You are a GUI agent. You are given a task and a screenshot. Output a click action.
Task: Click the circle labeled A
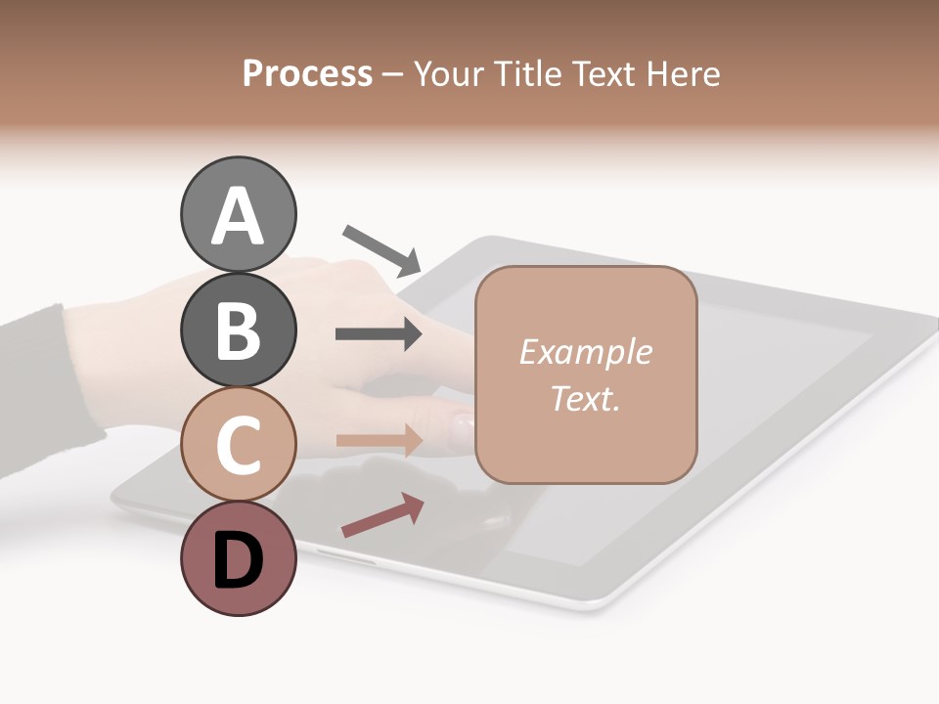(238, 214)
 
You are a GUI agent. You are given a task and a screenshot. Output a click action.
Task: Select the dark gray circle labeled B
(238, 330)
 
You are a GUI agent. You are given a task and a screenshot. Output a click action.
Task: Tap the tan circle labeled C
(238, 444)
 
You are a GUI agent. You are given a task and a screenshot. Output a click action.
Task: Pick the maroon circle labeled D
(238, 558)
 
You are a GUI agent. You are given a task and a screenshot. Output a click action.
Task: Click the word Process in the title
(307, 74)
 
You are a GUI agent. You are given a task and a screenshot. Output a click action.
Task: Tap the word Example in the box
(585, 352)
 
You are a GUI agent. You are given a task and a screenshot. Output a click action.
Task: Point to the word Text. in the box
(585, 398)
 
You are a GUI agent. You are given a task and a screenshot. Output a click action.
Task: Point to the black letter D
(238, 560)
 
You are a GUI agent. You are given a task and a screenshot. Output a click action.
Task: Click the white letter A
(238, 216)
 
